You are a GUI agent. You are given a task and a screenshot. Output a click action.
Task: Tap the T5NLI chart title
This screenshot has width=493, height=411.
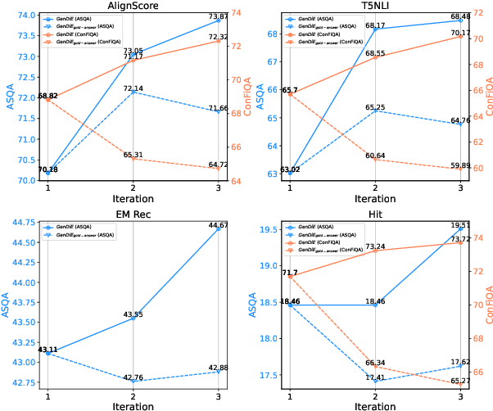(x=374, y=6)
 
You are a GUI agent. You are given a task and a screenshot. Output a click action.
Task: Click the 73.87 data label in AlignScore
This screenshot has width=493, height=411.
(x=215, y=16)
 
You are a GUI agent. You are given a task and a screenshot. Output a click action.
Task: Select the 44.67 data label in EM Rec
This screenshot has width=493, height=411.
(x=215, y=224)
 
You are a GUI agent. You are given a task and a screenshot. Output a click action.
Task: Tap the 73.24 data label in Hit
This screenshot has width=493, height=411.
(x=375, y=246)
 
